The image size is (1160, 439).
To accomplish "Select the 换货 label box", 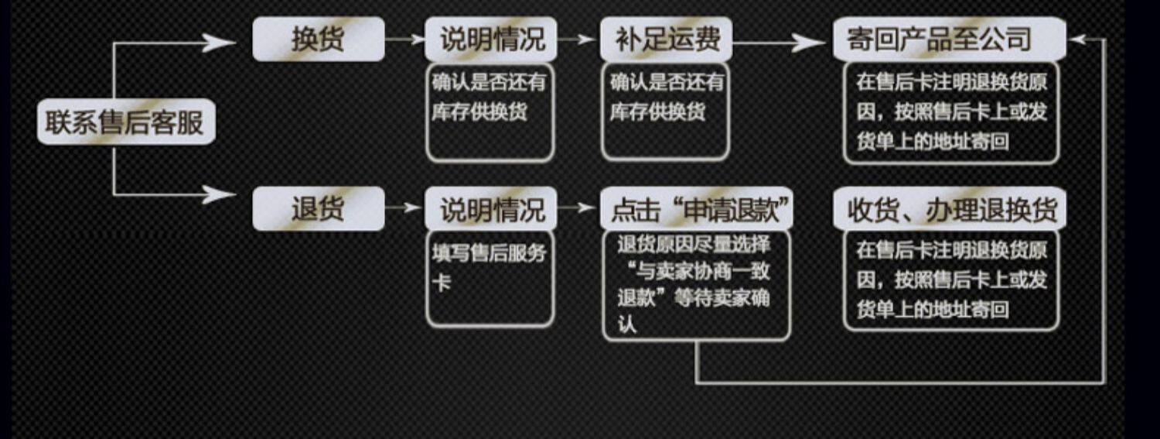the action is (318, 39).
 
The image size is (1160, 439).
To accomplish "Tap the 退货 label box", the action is (318, 208).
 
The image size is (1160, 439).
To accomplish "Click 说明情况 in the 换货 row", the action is (490, 39).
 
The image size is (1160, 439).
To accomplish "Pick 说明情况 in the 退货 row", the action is (490, 208).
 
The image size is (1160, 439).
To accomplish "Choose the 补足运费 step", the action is (665, 39).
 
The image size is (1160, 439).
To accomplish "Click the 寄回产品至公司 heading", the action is (949, 39).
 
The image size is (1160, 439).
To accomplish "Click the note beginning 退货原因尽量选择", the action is (697, 284).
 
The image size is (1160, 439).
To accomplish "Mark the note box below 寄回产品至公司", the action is (950, 113).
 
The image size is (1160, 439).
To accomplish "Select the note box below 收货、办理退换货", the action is (950, 280).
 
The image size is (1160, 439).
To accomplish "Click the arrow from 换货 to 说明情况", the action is (404, 39).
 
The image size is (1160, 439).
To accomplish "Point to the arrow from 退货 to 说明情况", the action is (404, 207).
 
